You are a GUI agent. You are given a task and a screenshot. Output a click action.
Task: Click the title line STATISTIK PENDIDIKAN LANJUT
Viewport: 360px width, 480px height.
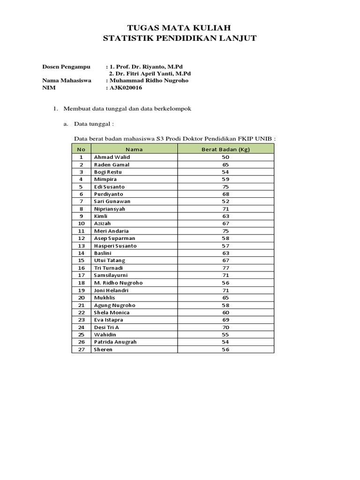pos(180,38)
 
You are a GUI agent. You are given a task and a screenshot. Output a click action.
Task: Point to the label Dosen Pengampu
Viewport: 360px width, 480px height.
pos(66,67)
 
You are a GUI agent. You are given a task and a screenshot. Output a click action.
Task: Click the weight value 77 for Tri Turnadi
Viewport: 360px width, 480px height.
pos(225,268)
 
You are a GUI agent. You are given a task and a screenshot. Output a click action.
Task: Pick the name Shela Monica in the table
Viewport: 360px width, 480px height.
pos(112,312)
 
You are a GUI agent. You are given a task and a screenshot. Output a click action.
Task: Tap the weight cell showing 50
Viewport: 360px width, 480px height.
pos(225,157)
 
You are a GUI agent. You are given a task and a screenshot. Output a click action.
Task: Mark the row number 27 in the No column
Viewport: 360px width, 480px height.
pos(81,349)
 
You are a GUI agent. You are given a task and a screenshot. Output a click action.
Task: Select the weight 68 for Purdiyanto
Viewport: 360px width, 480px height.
pos(225,194)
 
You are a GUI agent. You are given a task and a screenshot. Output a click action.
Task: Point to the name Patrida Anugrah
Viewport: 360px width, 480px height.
pos(115,342)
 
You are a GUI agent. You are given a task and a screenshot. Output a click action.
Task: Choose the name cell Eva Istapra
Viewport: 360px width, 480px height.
pos(109,320)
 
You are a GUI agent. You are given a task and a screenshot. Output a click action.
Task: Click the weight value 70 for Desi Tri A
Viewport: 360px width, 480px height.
pos(225,327)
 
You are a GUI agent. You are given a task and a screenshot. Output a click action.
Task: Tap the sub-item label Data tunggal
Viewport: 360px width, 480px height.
pos(96,124)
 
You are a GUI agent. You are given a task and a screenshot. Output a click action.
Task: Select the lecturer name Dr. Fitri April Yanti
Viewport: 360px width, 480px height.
pos(150,74)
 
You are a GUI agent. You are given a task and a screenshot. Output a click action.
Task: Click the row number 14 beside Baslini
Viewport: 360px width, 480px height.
pos(81,253)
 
